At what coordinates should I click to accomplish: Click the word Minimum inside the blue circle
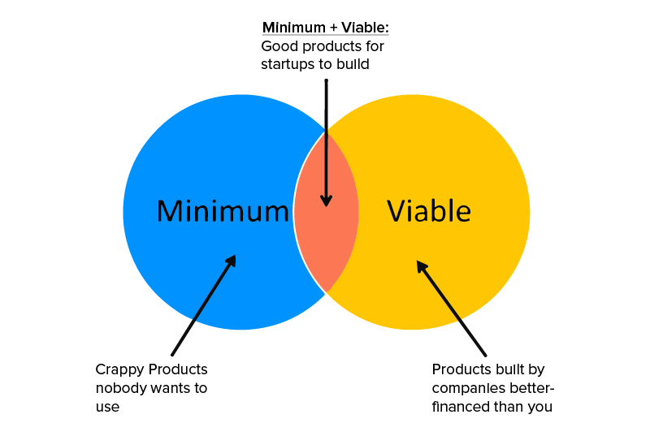click(x=223, y=211)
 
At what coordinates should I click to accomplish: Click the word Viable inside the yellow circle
click(x=428, y=211)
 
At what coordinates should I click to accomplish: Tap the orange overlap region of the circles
click(x=326, y=244)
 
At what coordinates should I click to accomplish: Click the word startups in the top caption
click(x=288, y=64)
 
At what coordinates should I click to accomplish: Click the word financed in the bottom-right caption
click(x=461, y=407)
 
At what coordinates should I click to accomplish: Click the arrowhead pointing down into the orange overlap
click(x=326, y=201)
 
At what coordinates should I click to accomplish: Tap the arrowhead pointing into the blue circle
click(x=231, y=261)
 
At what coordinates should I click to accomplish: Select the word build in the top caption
click(x=353, y=64)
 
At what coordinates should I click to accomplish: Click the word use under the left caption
click(x=107, y=407)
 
